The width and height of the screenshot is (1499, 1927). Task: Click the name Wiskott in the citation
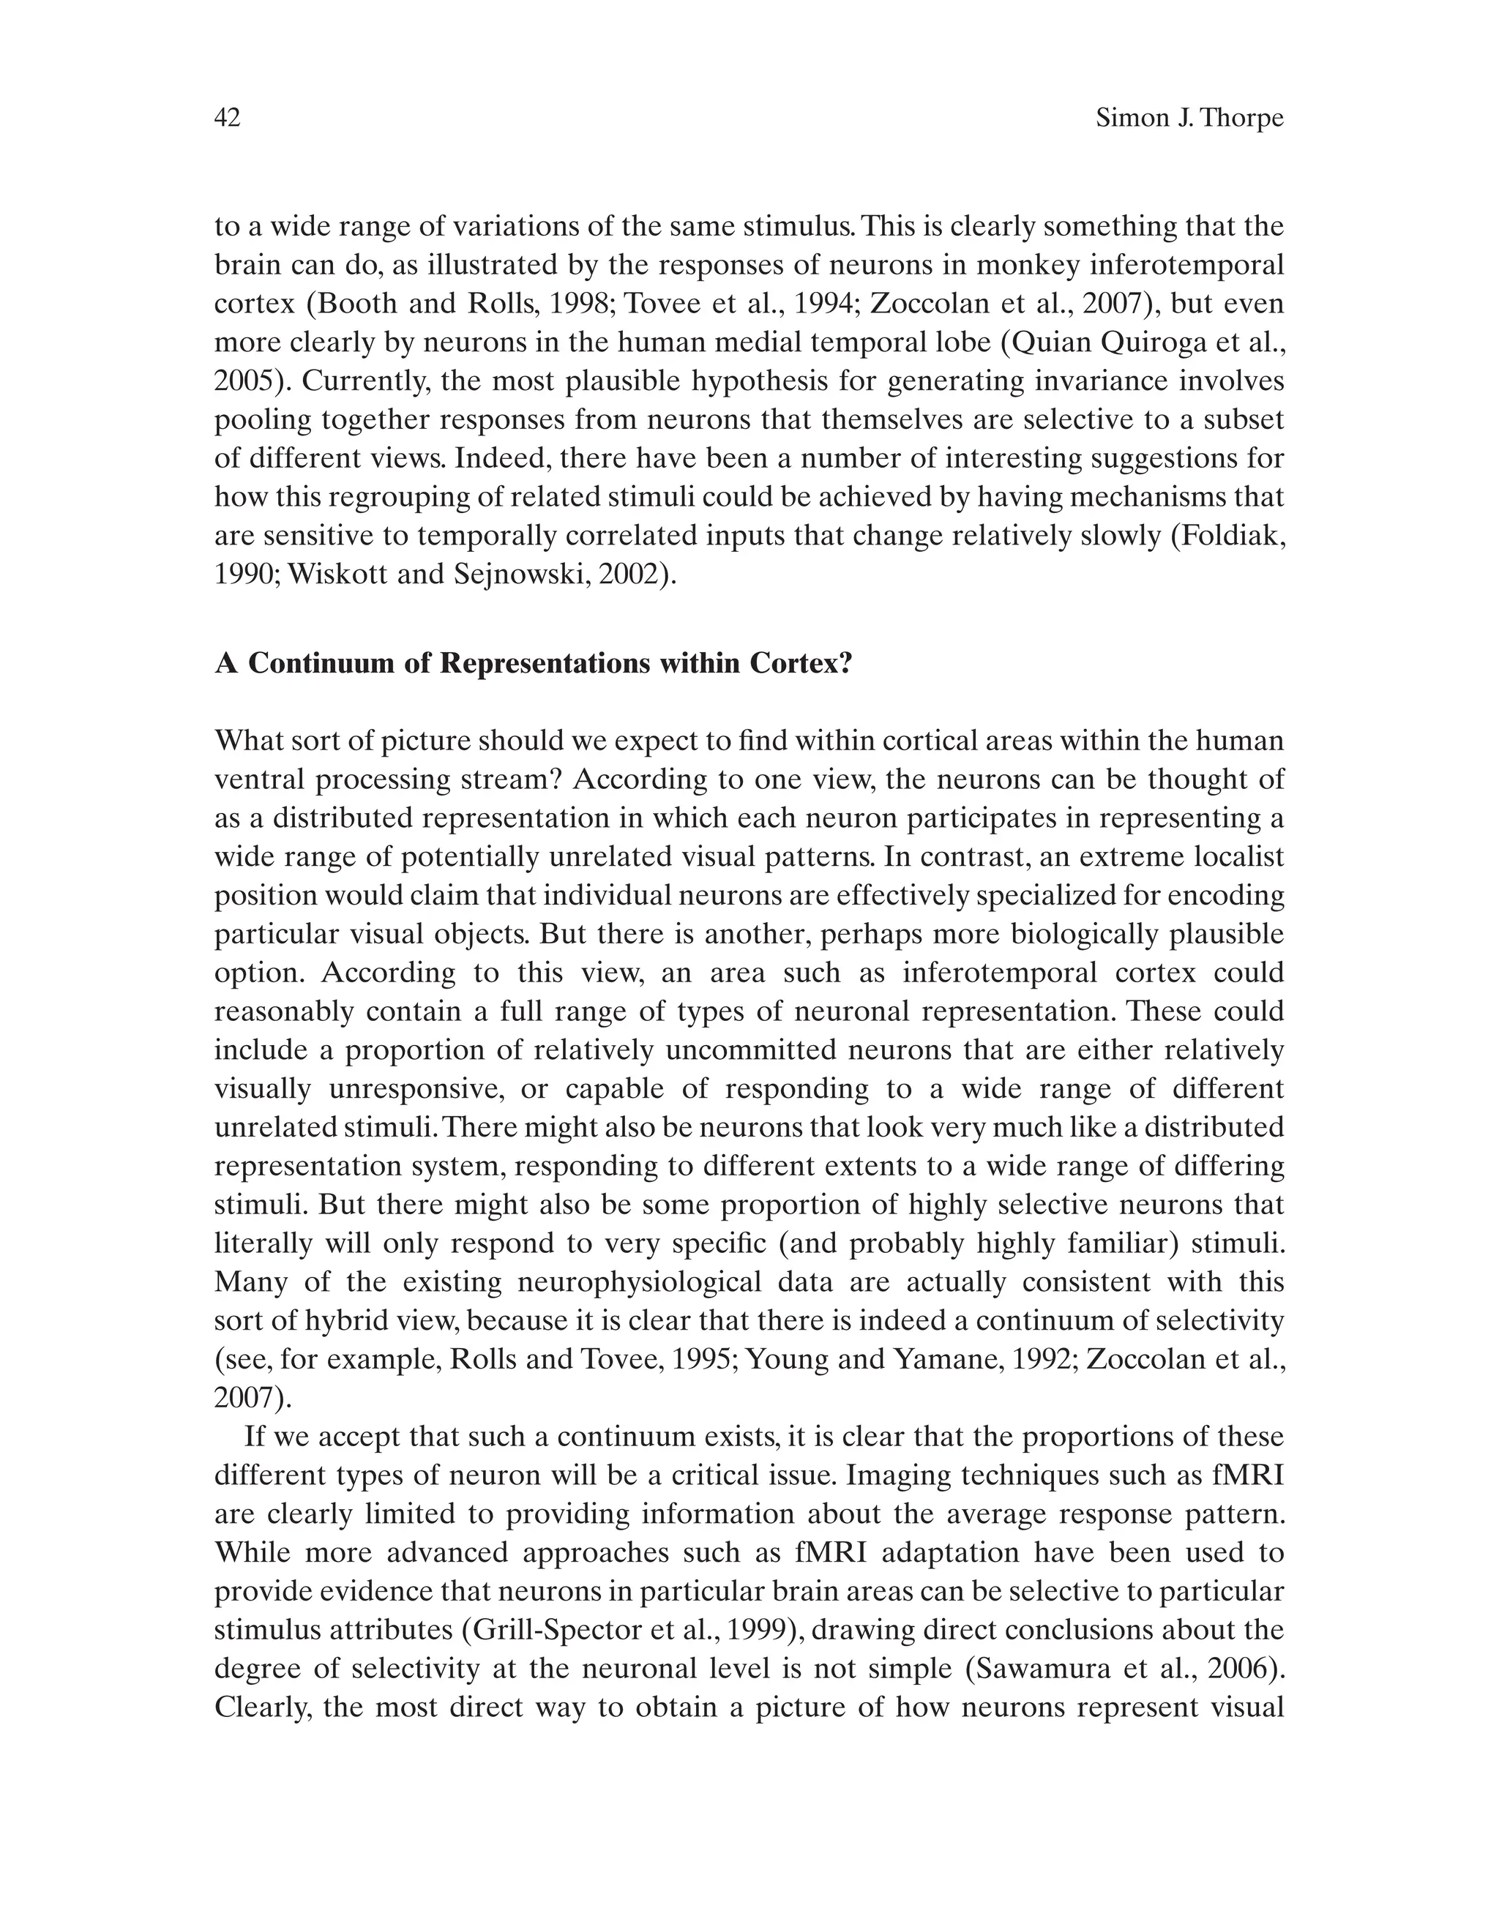click(328, 575)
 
